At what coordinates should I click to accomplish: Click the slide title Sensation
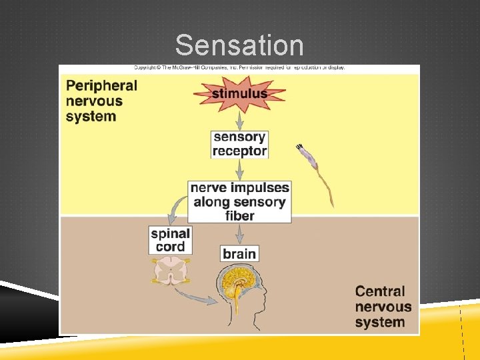tap(239, 45)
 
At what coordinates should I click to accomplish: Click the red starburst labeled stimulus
tap(239, 93)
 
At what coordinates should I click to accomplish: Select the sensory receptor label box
tap(239, 144)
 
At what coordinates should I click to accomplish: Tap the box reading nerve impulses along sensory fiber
tap(239, 201)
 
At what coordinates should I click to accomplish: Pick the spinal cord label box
tap(171, 240)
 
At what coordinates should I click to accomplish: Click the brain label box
tap(239, 253)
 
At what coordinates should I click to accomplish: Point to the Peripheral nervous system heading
tap(101, 101)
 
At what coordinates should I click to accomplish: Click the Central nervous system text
tap(383, 307)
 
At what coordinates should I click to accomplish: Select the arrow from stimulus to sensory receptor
tap(239, 120)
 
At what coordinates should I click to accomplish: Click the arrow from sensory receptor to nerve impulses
tap(239, 169)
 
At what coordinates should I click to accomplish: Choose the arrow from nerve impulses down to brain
tap(239, 234)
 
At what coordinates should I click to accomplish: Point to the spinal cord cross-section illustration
tap(170, 273)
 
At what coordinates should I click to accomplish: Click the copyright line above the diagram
tap(239, 68)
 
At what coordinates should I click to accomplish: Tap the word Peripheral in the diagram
tap(101, 85)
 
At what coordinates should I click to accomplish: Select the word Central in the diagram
tap(379, 291)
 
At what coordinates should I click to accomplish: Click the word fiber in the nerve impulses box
tap(239, 216)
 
